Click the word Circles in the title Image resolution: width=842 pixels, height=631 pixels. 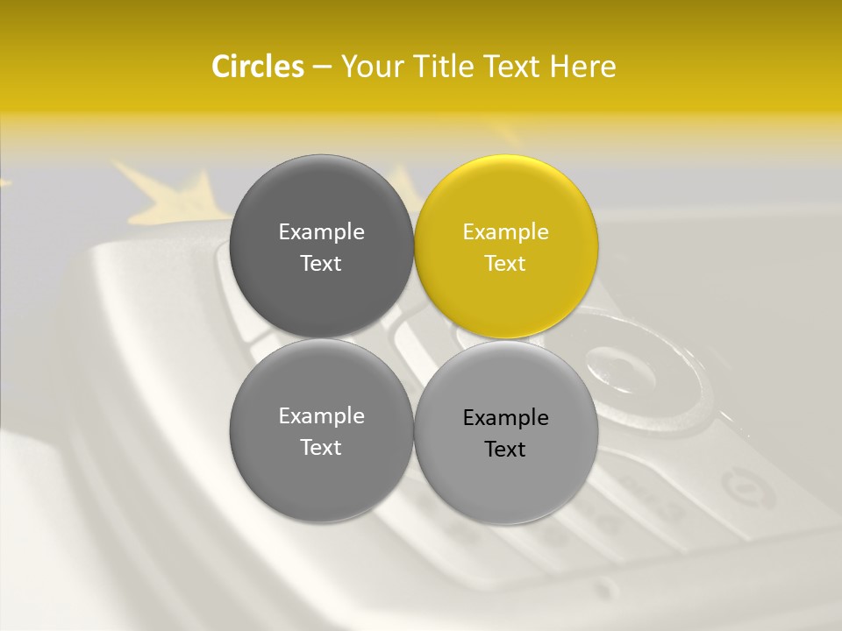coord(258,67)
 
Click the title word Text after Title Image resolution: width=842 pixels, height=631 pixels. coord(511,67)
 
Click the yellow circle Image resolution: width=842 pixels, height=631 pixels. coord(506,247)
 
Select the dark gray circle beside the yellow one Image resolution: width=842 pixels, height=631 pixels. coord(321,247)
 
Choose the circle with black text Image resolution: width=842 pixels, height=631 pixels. coord(506,432)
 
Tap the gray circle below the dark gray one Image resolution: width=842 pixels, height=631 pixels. coord(321,430)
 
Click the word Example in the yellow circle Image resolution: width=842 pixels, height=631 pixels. coord(505,232)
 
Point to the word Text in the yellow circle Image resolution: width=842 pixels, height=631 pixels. coord(505,264)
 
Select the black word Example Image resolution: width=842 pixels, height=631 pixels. coord(505,418)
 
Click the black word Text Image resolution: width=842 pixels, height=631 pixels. coord(505,450)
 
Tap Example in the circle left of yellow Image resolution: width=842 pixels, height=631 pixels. coord(321,232)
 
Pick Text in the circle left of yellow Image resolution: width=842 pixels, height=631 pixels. coord(321,264)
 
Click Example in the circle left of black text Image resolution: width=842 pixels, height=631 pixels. coord(321,416)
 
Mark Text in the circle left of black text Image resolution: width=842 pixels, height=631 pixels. coord(321,448)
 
